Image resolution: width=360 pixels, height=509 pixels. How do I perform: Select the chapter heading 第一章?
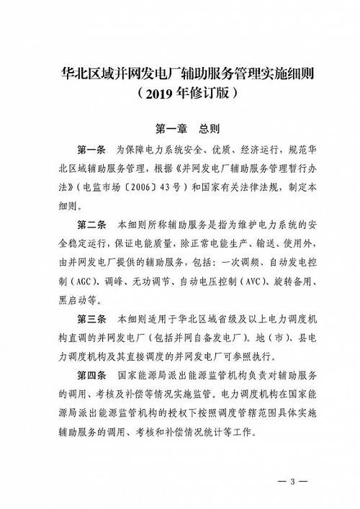[172, 130]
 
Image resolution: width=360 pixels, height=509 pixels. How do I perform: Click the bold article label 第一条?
[91, 150]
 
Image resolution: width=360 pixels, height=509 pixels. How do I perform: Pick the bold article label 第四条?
[91, 376]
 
